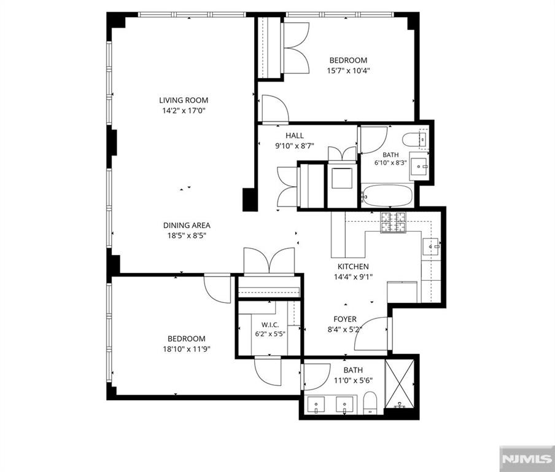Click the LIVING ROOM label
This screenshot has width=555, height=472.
point(184,100)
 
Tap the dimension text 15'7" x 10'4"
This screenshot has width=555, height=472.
point(348,71)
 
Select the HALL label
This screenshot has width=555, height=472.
point(295,135)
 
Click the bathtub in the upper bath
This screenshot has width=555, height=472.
point(387,195)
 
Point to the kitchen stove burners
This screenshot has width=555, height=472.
point(393,222)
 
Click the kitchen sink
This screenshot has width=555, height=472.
point(430,246)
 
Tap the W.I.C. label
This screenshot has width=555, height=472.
point(270,324)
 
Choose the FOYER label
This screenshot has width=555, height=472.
point(345,319)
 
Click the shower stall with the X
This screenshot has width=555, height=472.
point(399,383)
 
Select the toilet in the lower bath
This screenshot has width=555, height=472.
point(370,403)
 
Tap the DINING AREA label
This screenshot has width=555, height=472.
point(187,226)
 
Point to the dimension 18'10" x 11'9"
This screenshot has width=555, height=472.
point(187,349)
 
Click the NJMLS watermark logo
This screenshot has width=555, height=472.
point(527,459)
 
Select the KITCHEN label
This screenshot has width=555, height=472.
point(353,267)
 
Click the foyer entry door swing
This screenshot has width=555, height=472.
point(371,334)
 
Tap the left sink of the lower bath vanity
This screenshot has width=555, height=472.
point(316,405)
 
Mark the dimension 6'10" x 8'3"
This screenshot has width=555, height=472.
point(390,163)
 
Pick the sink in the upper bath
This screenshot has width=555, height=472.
point(419,166)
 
